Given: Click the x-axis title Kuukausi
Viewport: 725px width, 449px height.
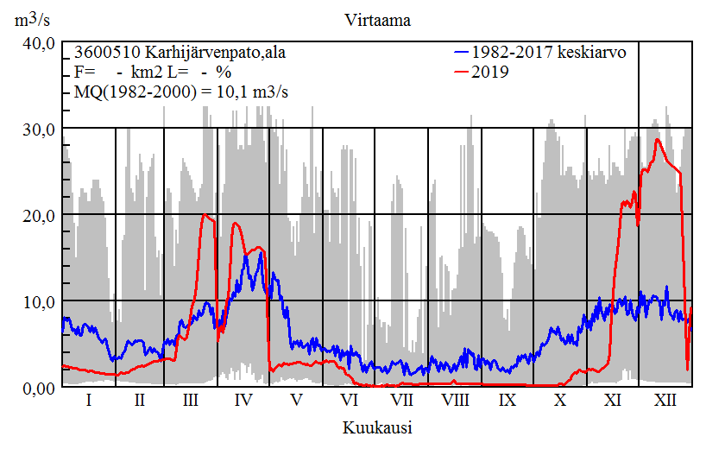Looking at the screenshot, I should coord(376,427).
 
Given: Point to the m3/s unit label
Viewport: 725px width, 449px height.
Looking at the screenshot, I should coord(36,20).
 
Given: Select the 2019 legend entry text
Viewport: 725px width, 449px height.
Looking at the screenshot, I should coord(491,72).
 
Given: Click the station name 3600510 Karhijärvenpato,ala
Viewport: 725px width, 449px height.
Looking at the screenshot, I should coord(180,53).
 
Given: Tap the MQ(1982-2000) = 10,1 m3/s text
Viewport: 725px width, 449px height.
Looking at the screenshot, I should coord(180,91).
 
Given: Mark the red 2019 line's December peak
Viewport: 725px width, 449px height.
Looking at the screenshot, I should coord(658,139).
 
